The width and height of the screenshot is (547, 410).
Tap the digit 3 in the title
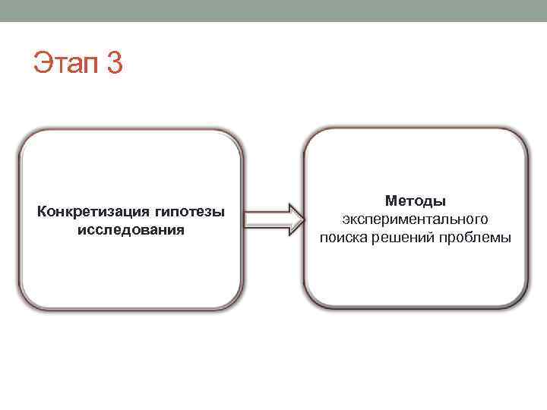point(113,63)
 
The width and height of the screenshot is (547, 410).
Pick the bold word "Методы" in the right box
point(415,200)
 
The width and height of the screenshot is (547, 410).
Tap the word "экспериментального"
point(415,219)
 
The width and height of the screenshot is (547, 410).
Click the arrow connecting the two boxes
point(271,219)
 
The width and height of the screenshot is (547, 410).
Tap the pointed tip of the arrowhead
point(301,219)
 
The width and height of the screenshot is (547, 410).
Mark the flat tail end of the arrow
point(245,219)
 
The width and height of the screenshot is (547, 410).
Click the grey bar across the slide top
point(273,10)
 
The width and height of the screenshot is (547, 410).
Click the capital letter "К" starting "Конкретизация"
point(41,210)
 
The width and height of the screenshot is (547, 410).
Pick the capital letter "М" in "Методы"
point(390,200)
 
